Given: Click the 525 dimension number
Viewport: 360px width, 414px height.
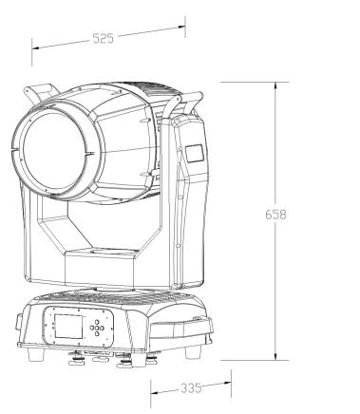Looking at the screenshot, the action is coord(104,38).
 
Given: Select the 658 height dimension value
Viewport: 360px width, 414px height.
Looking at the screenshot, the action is coord(275,215).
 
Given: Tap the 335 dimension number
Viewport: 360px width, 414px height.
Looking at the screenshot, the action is coord(191,388).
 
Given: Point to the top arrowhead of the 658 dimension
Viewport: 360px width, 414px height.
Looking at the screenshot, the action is coord(275,86).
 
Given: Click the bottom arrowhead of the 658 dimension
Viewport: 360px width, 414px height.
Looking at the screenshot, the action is coord(275,355).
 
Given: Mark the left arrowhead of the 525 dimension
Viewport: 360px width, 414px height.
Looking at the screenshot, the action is coord(36,48).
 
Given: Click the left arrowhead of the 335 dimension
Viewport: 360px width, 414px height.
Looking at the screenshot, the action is coord(155,393).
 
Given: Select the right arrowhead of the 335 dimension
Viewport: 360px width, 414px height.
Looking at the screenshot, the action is coord(227,383).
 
